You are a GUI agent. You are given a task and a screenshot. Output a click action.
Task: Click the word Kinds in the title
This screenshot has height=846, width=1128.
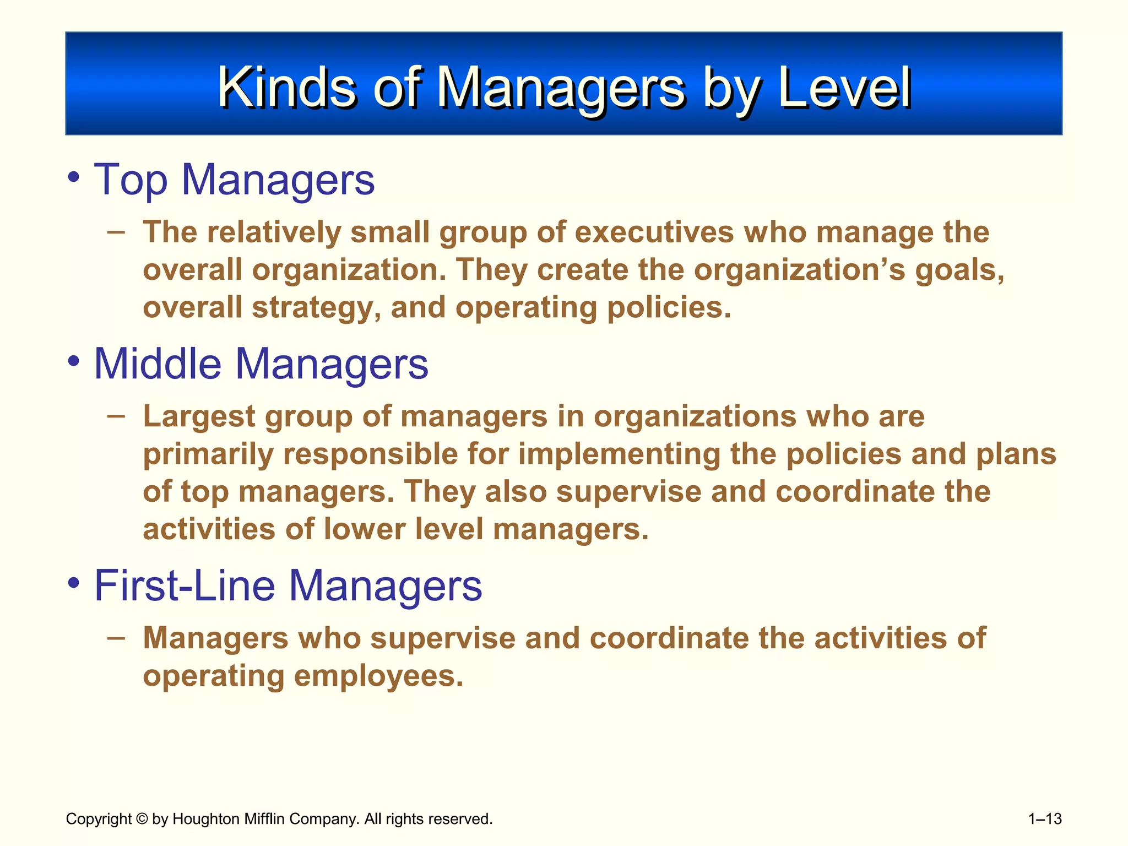pos(287,88)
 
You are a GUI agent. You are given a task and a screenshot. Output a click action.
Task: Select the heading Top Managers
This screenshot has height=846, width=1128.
pos(234,180)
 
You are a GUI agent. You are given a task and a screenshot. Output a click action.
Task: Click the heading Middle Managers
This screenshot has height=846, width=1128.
pos(261,364)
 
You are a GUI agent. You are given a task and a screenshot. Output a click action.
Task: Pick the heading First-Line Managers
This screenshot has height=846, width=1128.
pos(288,585)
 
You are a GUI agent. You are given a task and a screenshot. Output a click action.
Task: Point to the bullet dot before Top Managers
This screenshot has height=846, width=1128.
pos(73,177)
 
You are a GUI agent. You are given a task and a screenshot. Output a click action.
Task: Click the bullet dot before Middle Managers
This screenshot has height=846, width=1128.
pos(73,362)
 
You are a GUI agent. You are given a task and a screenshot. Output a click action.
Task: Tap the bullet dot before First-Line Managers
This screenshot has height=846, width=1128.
pos(73,583)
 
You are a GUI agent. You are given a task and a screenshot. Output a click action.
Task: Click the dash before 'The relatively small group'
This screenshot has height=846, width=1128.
pos(116,231)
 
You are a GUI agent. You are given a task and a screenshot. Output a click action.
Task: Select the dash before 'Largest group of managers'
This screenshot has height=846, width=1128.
pos(116,416)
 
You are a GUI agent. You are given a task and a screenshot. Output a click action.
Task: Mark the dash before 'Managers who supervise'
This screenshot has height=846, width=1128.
pos(116,638)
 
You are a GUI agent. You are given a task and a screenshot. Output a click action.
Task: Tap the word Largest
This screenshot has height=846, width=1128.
pos(199,417)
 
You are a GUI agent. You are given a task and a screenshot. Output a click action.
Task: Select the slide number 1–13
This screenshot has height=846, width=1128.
pos(1045,819)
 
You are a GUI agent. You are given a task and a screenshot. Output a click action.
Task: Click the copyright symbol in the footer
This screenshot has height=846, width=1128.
pos(142,819)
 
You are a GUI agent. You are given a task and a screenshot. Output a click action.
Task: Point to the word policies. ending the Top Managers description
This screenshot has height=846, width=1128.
pos(669,308)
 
